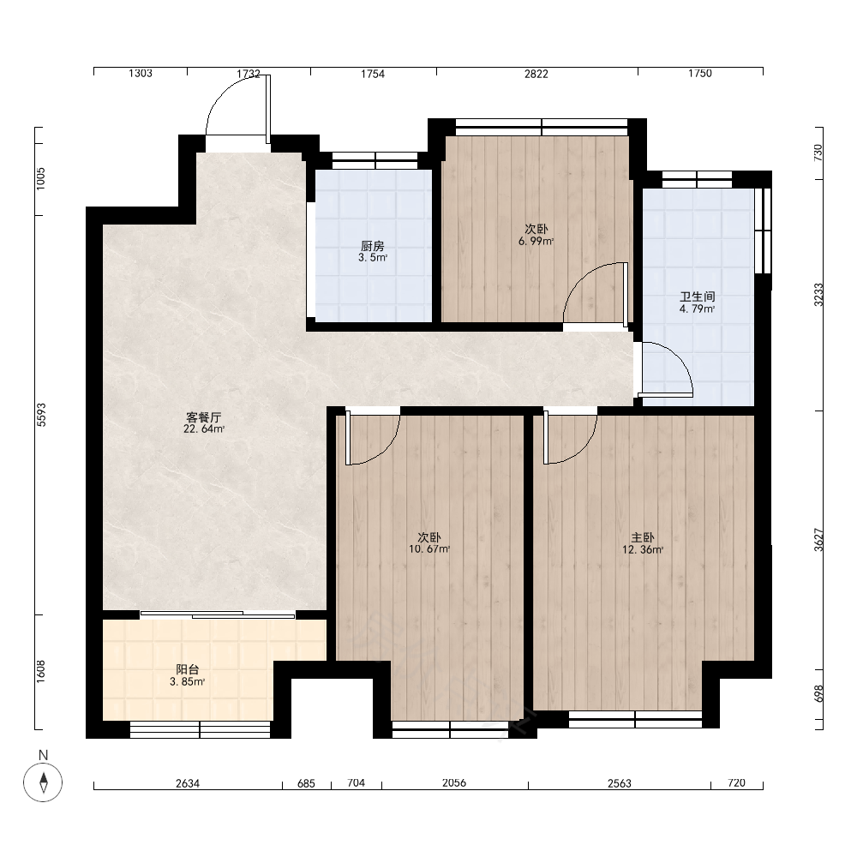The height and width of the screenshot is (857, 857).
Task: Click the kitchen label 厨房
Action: (372, 246)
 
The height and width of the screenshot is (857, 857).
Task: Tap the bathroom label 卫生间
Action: (698, 297)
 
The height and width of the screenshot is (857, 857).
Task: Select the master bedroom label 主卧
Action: (643, 538)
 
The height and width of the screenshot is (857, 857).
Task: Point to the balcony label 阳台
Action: (188, 669)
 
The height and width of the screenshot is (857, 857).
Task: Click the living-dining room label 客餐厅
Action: (204, 417)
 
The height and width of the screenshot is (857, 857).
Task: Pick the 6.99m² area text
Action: (536, 241)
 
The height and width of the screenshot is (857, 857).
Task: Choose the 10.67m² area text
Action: (429, 549)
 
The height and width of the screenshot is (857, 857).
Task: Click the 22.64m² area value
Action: (204, 429)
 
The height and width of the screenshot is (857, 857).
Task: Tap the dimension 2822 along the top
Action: (536, 74)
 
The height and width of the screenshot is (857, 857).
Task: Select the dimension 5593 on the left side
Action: (41, 415)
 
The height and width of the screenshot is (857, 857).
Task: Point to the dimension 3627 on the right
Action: (818, 539)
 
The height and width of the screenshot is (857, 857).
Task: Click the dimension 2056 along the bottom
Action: (454, 782)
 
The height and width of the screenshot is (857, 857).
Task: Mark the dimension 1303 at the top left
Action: (141, 73)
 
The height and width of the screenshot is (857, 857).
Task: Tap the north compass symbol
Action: (43, 782)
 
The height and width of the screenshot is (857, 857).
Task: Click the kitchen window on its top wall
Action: (375, 161)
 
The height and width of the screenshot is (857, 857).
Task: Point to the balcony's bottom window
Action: (200, 729)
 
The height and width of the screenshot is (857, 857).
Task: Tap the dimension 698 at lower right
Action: (818, 694)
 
